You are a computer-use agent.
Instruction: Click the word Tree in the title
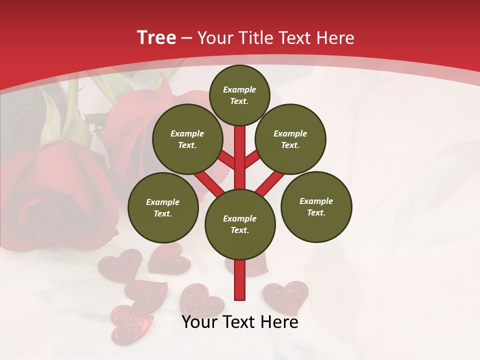(156, 37)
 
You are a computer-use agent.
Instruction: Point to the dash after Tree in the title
(187, 38)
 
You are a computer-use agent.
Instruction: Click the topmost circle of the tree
(239, 95)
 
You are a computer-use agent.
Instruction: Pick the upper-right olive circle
(290, 139)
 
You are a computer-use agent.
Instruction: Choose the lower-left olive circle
(163, 207)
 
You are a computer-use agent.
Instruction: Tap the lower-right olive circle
(316, 206)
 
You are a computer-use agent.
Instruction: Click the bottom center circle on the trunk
(240, 224)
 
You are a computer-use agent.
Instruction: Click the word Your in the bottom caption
(199, 322)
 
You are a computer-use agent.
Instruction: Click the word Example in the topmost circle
(239, 89)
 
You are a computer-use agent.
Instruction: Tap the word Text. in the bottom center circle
(239, 230)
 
